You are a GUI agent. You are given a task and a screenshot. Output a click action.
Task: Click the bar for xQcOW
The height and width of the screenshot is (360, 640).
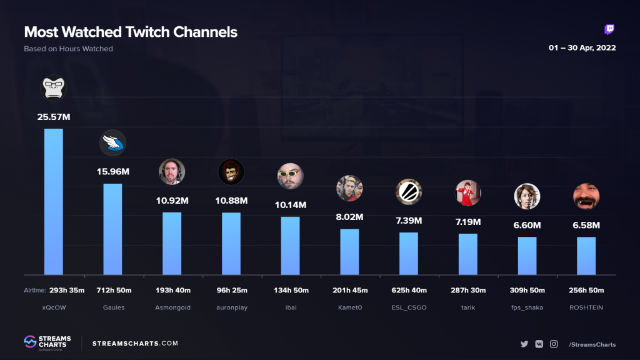click(53, 201)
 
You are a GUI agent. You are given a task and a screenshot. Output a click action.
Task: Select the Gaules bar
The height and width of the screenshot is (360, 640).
click(112, 229)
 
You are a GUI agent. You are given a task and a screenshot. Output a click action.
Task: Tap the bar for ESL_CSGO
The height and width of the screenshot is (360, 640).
click(409, 253)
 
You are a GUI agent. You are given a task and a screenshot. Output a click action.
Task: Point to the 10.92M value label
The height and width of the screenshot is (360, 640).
click(172, 201)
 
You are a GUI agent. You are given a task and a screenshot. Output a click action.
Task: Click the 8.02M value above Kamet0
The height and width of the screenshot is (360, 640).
click(349, 217)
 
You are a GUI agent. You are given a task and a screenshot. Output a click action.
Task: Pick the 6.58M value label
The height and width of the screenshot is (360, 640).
click(586, 225)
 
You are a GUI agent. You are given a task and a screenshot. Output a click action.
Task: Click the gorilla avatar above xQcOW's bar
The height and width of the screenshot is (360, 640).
click(53, 88)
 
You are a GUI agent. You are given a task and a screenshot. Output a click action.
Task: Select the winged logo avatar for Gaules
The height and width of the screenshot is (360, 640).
click(112, 143)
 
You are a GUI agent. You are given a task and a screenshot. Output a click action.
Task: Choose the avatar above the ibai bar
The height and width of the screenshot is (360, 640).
click(290, 176)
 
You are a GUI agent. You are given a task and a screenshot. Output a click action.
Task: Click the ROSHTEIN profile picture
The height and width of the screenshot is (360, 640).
click(586, 196)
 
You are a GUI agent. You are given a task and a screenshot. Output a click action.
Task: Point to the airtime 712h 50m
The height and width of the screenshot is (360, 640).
click(112, 290)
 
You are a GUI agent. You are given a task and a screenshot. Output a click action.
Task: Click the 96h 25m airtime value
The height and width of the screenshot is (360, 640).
click(231, 290)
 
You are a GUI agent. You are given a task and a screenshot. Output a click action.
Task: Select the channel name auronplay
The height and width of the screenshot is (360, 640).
click(231, 308)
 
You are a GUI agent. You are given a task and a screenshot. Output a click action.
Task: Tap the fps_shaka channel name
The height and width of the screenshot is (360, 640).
click(527, 308)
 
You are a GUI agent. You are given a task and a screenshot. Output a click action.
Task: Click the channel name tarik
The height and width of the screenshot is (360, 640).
click(468, 308)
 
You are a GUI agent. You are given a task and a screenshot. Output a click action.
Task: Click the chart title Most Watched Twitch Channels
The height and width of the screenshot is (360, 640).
click(131, 32)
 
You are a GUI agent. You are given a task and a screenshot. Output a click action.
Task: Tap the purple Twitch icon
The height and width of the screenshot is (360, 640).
click(610, 30)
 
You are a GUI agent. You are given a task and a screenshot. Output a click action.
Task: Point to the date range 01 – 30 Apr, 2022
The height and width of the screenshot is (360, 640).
click(582, 48)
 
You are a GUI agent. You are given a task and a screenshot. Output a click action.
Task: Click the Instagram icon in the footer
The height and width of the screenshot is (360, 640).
click(554, 344)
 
